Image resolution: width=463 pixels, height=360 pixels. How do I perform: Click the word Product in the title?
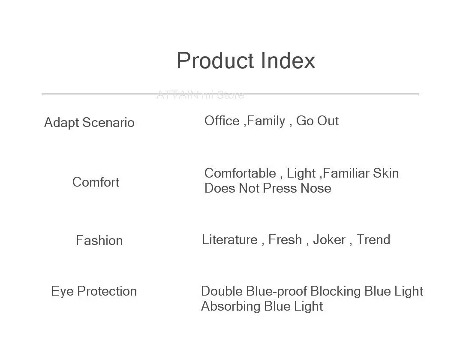pyautogui.click(x=215, y=61)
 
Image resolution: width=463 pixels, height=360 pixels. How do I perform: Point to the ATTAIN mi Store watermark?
pyautogui.click(x=200, y=95)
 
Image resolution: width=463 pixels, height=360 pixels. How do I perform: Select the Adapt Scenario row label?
pyautogui.click(x=89, y=123)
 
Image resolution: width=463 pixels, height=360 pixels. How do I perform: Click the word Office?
pyautogui.click(x=222, y=121)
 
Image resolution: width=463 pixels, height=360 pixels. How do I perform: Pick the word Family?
pyautogui.click(x=266, y=121)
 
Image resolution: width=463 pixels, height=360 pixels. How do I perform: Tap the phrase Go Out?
pyautogui.click(x=317, y=121)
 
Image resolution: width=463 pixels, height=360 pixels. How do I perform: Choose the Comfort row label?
pyautogui.click(x=96, y=182)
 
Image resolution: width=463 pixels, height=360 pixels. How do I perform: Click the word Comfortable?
pyautogui.click(x=240, y=173)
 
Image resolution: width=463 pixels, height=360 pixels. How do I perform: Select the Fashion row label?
pyautogui.click(x=99, y=240)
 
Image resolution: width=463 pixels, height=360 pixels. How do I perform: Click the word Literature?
pyautogui.click(x=230, y=240)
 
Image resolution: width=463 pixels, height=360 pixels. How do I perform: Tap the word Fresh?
pyautogui.click(x=285, y=240)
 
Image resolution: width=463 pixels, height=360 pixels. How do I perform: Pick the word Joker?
pyautogui.click(x=329, y=240)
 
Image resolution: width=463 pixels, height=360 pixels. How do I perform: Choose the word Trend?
pyautogui.click(x=373, y=240)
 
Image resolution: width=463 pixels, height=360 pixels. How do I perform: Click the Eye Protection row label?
pyautogui.click(x=94, y=292)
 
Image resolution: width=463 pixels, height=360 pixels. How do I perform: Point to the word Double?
pyautogui.click(x=222, y=291)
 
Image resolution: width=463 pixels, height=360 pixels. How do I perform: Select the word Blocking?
pyautogui.click(x=335, y=292)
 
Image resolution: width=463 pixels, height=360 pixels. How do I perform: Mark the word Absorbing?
pyautogui.click(x=231, y=306)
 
